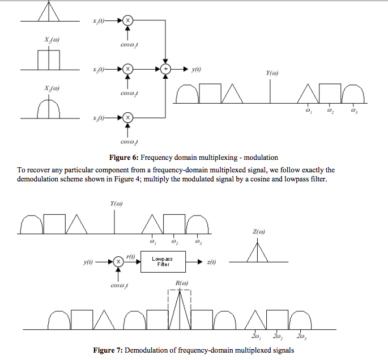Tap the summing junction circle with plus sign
pyautogui.click(x=165, y=69)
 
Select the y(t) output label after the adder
pyautogui.click(x=197, y=69)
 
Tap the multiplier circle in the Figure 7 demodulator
pyautogui.click(x=118, y=261)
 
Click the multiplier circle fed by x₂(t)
pyautogui.click(x=127, y=69)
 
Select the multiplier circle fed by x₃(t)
pyautogui.click(x=127, y=117)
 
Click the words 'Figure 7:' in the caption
pyautogui.click(x=108, y=350)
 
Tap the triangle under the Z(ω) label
pyautogui.click(x=258, y=252)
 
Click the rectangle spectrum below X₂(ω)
pyautogui.click(x=49, y=60)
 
